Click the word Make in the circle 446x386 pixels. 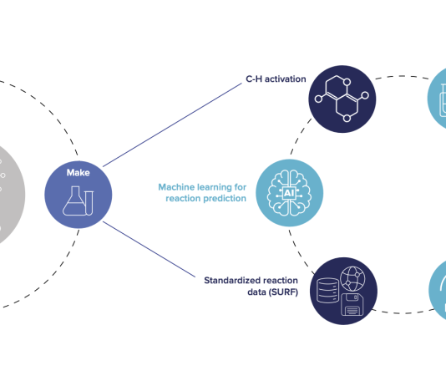click(79, 173)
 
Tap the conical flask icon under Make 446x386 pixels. click(73, 201)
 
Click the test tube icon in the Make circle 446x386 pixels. click(89, 203)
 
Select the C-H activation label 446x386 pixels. click(276, 79)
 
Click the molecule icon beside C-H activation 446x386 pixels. click(342, 99)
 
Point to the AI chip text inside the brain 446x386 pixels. click(289, 194)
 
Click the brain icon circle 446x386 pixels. click(289, 193)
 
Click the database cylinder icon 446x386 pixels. click(327, 291)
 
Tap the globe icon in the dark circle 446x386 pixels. click(352, 279)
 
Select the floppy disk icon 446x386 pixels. click(352, 305)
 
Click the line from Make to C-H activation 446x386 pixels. click(172, 124)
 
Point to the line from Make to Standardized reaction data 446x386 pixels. click(149, 249)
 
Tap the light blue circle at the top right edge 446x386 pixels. click(438, 98)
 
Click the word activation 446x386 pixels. click(286, 79)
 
